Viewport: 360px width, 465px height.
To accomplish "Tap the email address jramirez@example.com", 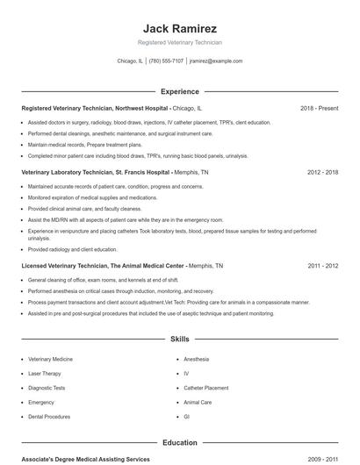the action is [x=216, y=61].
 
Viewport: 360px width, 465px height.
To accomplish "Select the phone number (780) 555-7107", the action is [x=166, y=61].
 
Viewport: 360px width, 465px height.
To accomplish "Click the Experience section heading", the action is [x=179, y=91].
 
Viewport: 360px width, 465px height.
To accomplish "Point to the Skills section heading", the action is [x=179, y=338].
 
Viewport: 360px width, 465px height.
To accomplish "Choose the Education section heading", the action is [x=179, y=443].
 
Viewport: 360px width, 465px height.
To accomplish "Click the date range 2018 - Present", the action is [x=319, y=108].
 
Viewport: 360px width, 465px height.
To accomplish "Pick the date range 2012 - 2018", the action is [x=322, y=173].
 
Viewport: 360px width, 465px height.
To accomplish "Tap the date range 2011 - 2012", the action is [x=322, y=265].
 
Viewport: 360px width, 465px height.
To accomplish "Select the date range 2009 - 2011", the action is [x=322, y=459].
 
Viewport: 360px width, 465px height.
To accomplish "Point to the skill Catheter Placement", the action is [x=205, y=388].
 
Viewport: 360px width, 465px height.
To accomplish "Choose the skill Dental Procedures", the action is [x=49, y=417].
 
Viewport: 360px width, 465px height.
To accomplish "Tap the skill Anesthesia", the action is [x=196, y=359].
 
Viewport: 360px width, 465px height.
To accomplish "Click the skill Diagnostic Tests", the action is [x=47, y=388].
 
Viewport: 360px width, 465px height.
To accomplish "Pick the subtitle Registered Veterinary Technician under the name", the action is [x=179, y=42].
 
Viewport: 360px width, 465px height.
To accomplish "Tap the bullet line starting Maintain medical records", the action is [x=84, y=144].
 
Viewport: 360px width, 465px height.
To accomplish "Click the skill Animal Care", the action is [x=198, y=402].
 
